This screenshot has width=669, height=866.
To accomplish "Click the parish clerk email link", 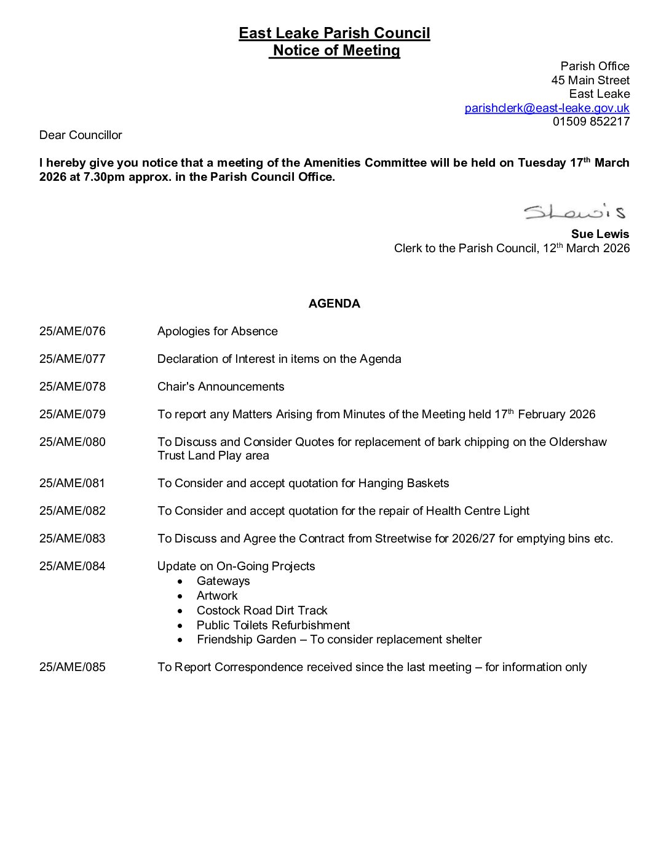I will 547,108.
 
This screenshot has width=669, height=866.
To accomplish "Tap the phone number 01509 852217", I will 591,122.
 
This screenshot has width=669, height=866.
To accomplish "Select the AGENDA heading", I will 334,304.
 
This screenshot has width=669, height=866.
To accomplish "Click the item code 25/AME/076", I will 73,332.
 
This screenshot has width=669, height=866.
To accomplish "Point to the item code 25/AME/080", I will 73,442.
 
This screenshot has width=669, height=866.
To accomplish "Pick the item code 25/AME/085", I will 73,667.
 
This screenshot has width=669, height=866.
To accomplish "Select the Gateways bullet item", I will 223,581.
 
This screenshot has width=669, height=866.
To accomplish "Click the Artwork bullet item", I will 217,596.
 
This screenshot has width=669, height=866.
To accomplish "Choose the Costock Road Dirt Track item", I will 262,611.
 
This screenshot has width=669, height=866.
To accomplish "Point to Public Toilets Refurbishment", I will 273,626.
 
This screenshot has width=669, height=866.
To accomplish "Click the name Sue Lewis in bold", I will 600,234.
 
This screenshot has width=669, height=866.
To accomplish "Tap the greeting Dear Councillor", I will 81,135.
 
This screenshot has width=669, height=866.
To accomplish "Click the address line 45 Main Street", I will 590,81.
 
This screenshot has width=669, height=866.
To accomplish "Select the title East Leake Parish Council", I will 334,33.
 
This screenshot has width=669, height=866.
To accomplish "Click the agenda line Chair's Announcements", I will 221,387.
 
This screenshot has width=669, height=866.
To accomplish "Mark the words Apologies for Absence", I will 218,332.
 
